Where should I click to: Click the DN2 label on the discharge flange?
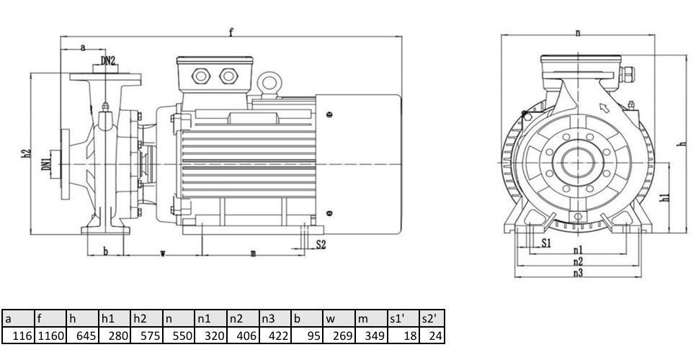(108, 60)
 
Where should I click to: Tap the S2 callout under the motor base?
(321, 244)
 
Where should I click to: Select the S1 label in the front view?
(546, 243)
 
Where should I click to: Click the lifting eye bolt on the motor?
(269, 84)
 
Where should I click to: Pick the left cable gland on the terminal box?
(200, 76)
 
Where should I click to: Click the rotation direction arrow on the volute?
(604, 108)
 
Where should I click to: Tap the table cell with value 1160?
(50, 336)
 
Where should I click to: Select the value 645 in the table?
(83, 336)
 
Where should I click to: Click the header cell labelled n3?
(275, 319)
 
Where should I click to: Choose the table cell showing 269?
(339, 336)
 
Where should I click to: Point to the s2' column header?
(432, 319)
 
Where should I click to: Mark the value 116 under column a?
(18, 336)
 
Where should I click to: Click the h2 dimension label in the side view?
(27, 153)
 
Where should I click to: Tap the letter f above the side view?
(231, 32)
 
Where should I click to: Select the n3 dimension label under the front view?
(578, 273)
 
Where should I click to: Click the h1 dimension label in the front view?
(664, 197)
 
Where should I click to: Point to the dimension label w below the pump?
(163, 253)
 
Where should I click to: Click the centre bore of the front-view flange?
(578, 163)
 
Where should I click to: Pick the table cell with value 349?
(371, 336)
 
